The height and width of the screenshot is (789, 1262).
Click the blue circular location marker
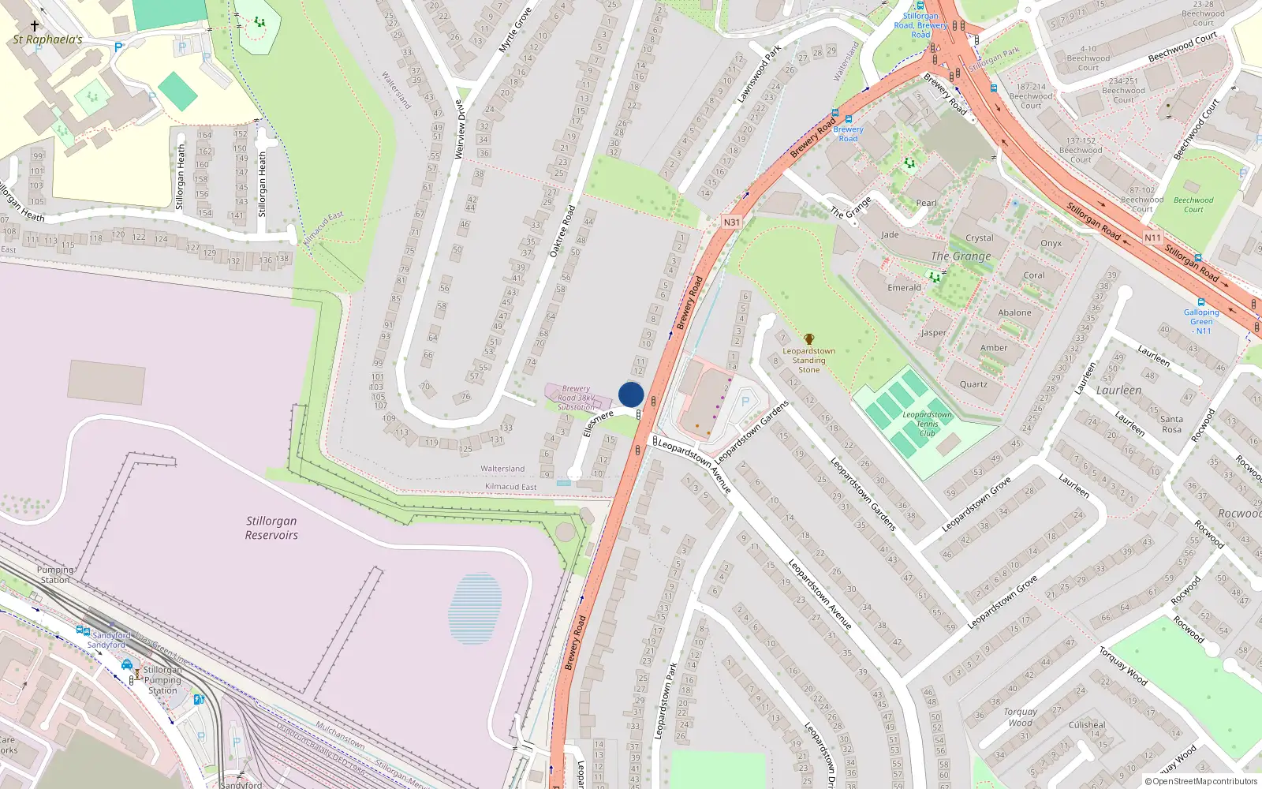click(x=631, y=394)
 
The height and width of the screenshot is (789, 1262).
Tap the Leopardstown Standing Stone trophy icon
click(x=808, y=339)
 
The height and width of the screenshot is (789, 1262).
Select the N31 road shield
click(x=732, y=222)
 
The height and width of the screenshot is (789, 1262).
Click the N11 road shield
click(x=1152, y=237)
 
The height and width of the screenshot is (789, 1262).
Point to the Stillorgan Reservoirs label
click(x=271, y=528)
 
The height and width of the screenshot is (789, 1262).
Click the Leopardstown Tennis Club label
click(x=927, y=424)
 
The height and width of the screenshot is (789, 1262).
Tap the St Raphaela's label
click(x=47, y=39)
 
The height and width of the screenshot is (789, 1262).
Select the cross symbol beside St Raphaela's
click(x=34, y=26)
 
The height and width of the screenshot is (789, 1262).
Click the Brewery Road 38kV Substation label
click(x=576, y=398)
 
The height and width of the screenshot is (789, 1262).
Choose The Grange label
click(x=960, y=256)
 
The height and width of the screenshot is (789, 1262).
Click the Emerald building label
click(x=904, y=288)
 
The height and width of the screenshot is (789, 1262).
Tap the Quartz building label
click(x=973, y=384)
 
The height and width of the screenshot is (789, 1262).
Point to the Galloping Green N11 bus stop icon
click(x=1201, y=302)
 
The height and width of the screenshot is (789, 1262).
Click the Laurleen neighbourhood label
click(x=1118, y=391)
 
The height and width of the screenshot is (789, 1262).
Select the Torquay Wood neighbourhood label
click(x=1020, y=716)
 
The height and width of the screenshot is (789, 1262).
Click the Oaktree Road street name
click(x=562, y=231)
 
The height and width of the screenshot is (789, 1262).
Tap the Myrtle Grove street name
click(x=515, y=30)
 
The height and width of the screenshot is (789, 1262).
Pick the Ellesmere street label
click(x=598, y=423)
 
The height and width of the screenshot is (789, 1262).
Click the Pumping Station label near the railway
click(x=55, y=574)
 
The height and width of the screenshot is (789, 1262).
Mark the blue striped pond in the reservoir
click(x=475, y=608)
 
